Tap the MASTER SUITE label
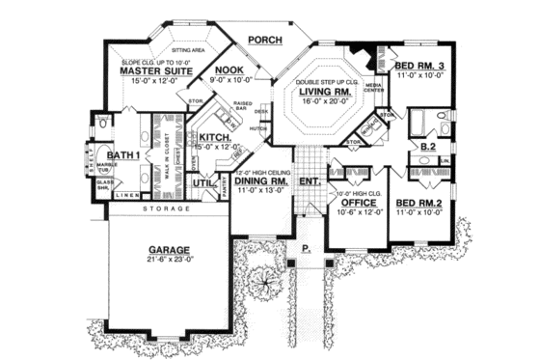(151, 71)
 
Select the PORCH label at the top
(262, 41)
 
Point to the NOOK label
(229, 70)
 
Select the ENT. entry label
(310, 180)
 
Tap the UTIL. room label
(203, 182)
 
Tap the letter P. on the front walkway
(306, 247)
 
